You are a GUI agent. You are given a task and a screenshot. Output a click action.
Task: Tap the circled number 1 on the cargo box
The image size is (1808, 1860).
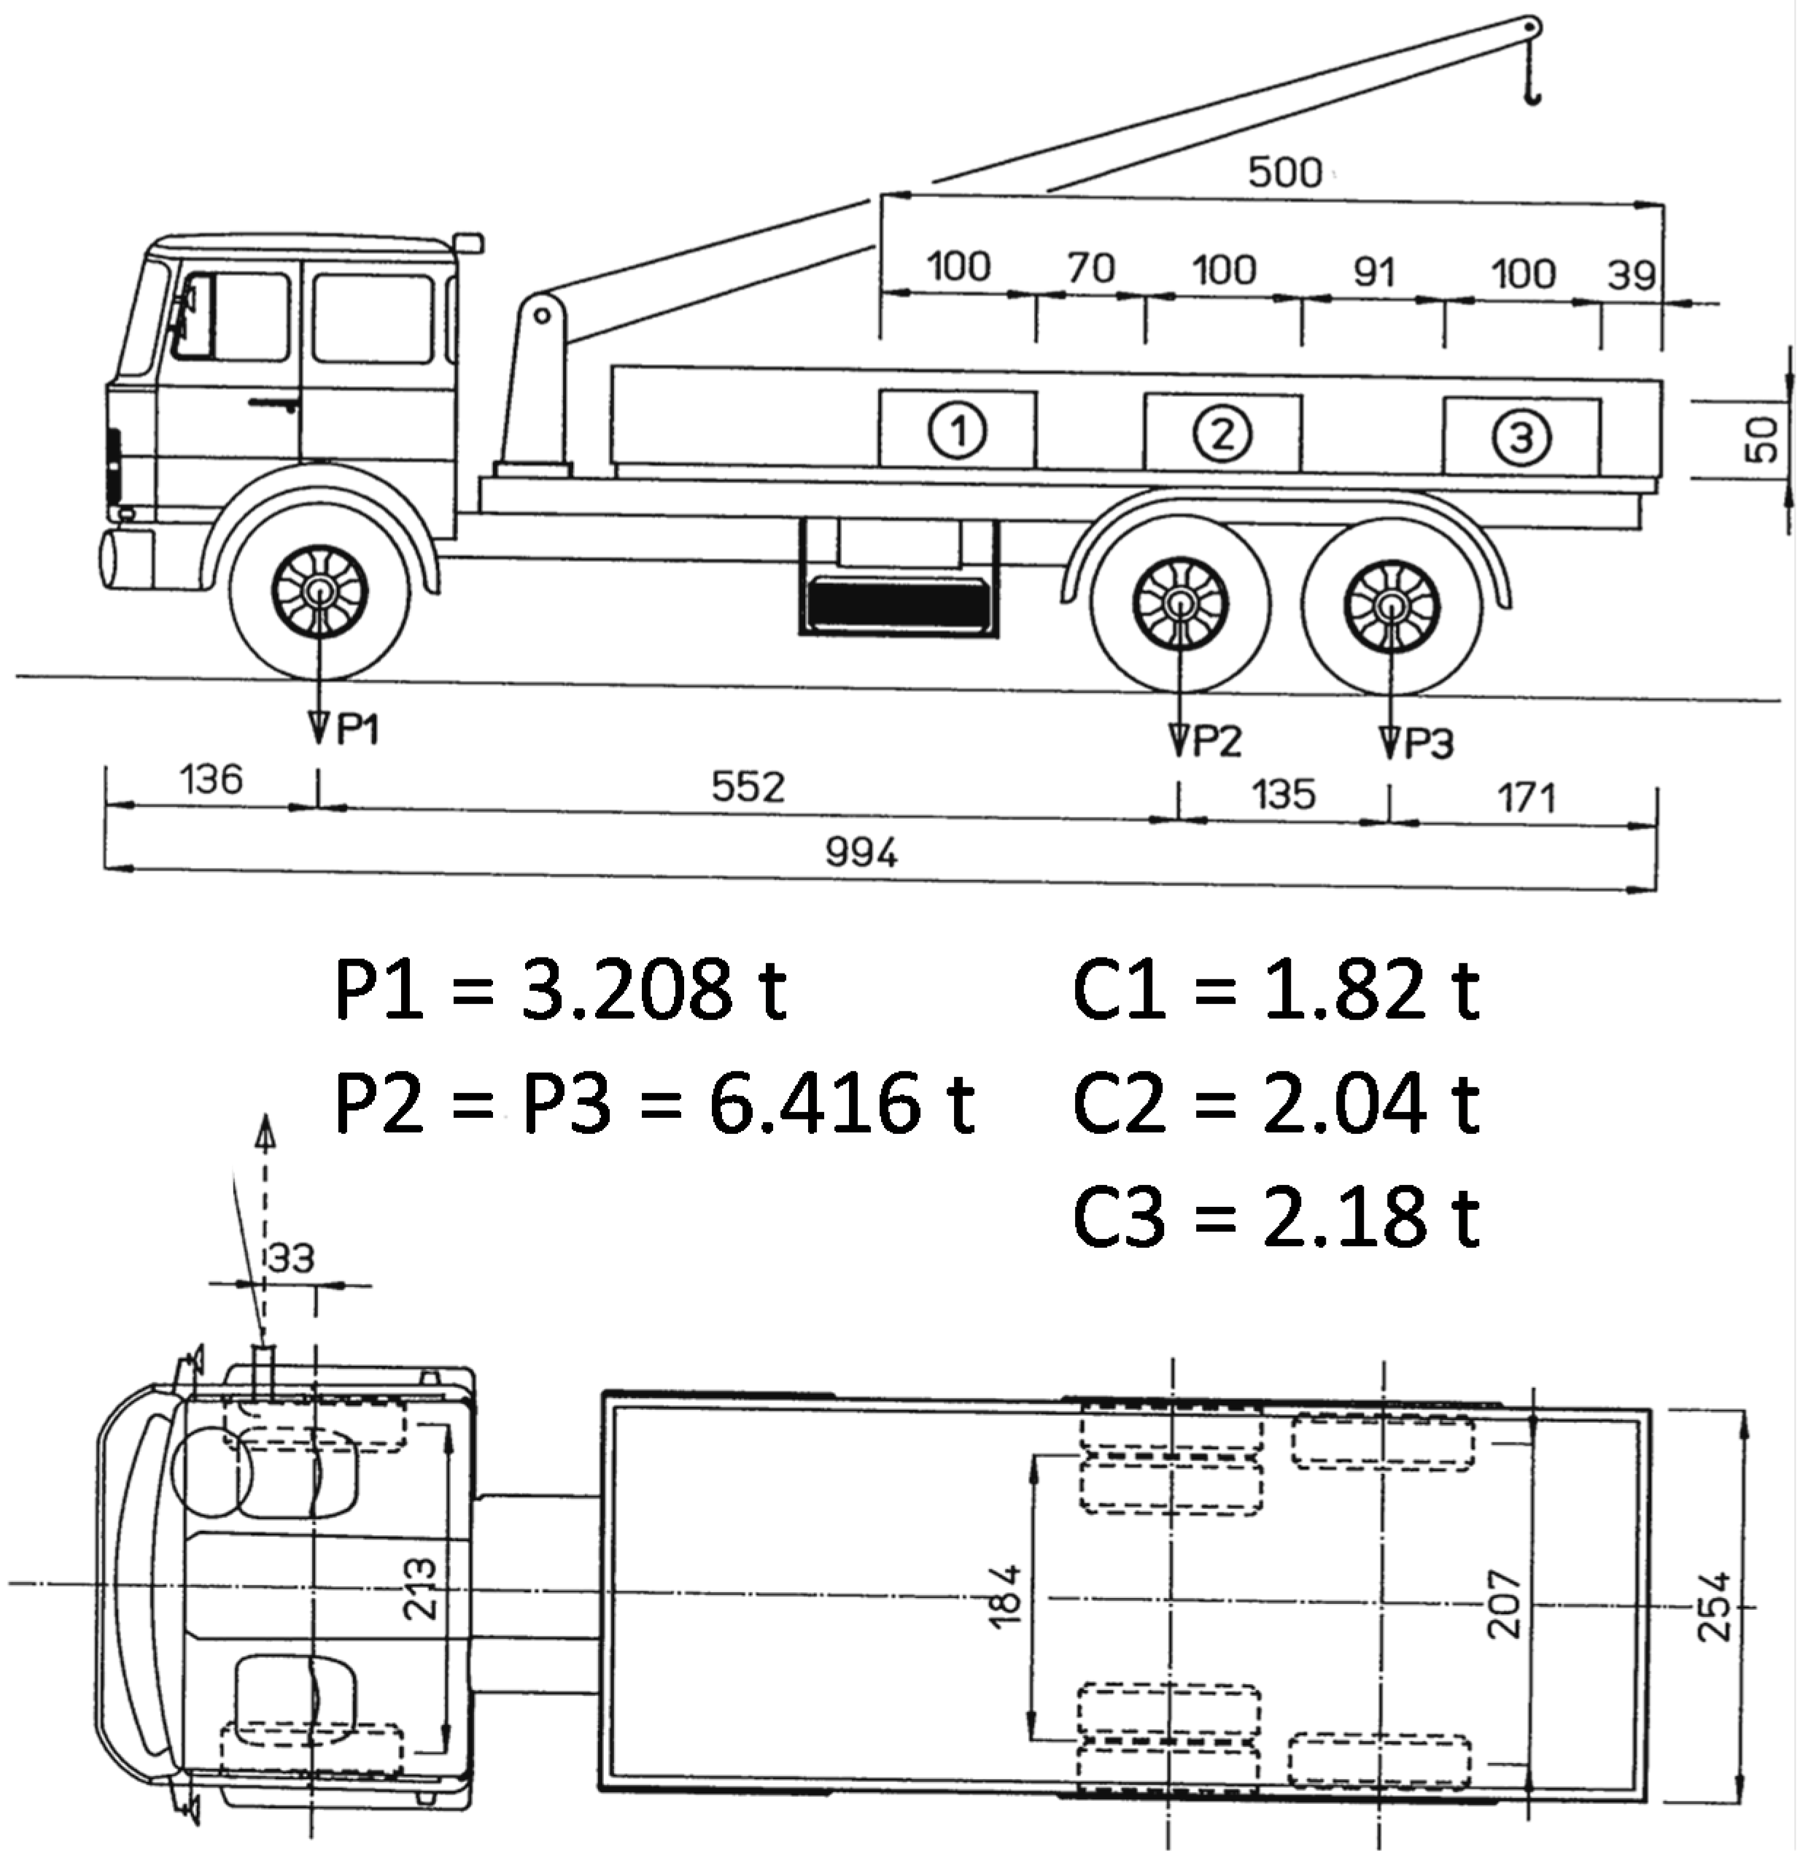[x=958, y=431]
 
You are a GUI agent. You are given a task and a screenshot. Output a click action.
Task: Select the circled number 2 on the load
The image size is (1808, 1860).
[x=1222, y=433]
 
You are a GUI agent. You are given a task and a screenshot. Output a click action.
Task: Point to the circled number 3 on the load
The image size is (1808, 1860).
[x=1521, y=438]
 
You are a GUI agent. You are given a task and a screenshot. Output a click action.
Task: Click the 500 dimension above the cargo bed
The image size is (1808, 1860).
[x=1284, y=173]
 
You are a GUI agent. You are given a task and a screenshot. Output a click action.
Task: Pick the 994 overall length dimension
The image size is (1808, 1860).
[x=861, y=852]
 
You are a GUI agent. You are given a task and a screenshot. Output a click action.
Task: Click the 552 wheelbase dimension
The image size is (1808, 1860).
[x=748, y=787]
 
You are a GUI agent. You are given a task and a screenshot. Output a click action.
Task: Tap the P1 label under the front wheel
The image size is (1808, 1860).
[x=357, y=730]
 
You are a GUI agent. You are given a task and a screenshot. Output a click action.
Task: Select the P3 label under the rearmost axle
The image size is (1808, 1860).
[x=1427, y=744]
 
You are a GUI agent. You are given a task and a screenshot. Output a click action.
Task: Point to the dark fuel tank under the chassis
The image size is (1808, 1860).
[x=897, y=602]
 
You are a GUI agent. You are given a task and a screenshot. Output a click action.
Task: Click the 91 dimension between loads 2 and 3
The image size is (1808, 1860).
[x=1373, y=273]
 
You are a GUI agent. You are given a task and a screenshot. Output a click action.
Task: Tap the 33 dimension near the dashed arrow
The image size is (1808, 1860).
[x=290, y=1258]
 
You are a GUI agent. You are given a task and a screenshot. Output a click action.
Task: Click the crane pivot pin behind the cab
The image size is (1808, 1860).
[x=541, y=315]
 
